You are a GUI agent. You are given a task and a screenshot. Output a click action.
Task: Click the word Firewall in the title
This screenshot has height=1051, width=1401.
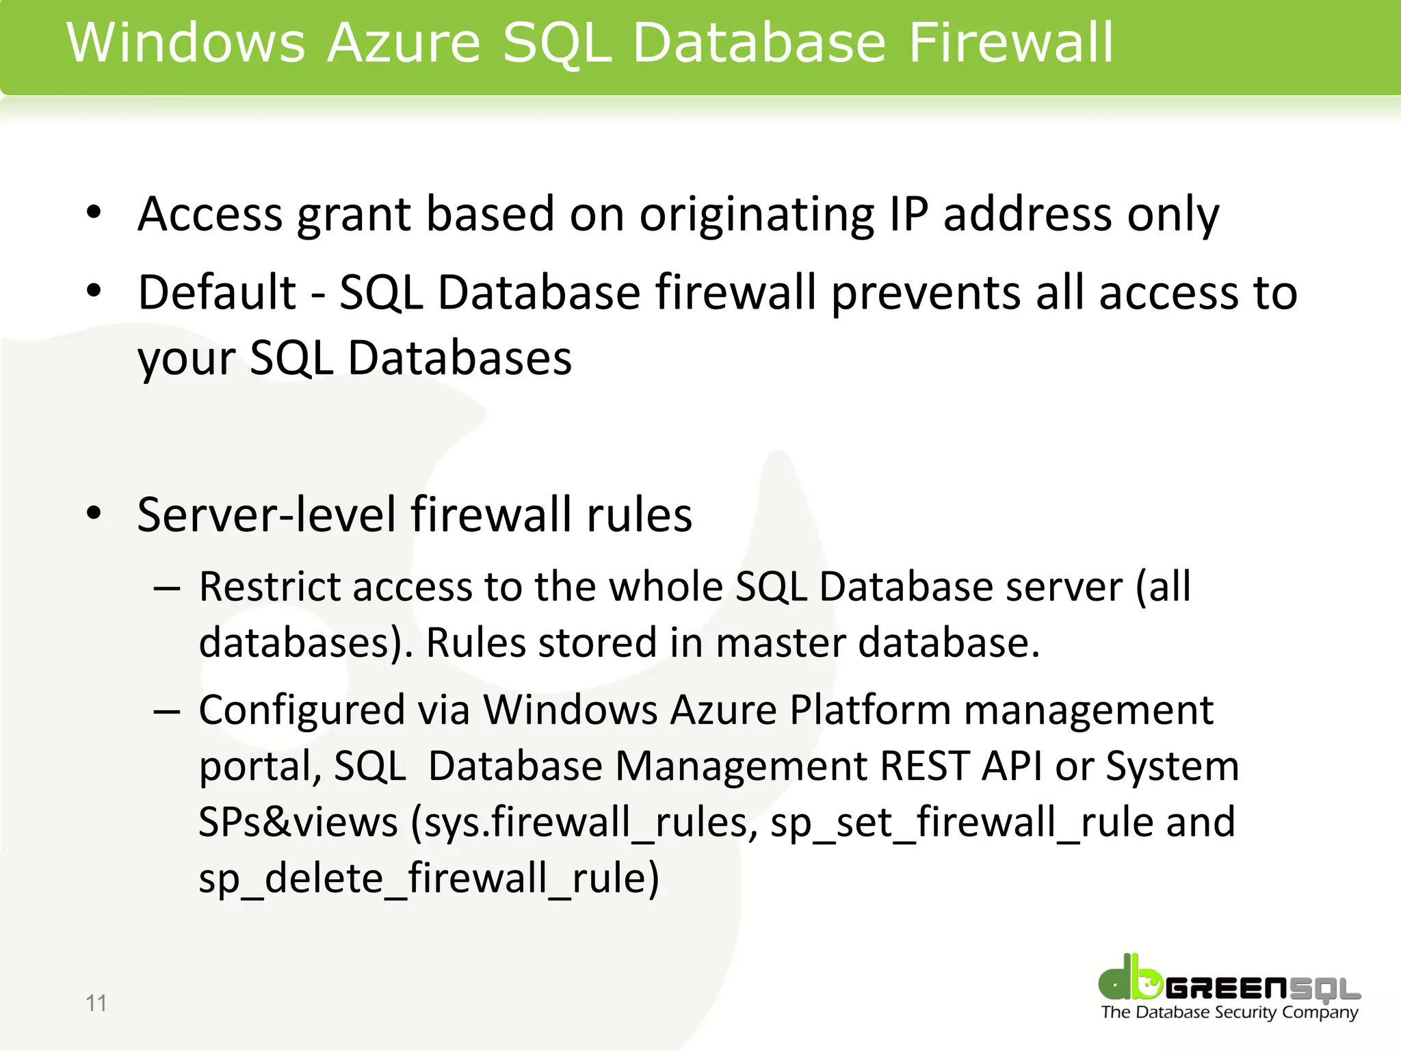1011,42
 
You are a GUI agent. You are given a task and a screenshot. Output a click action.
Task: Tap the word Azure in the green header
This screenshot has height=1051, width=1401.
404,42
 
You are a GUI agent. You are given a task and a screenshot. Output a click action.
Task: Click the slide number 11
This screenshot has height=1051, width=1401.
96,1003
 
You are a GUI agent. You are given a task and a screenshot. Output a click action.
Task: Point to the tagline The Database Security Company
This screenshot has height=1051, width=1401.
1229,1013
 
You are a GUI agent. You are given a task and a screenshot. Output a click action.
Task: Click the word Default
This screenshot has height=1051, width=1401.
217,293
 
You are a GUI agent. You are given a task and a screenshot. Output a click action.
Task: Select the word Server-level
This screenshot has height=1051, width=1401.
266,515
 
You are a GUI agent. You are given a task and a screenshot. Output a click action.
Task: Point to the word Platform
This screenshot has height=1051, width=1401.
870,710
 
